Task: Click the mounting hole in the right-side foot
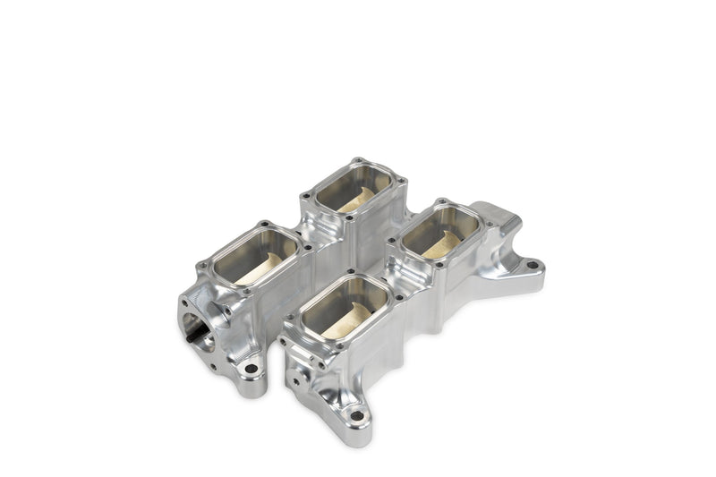pos(532,265)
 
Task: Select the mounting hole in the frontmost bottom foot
pos(356,415)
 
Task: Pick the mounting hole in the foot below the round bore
pos(251,368)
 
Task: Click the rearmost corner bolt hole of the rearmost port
pos(357,160)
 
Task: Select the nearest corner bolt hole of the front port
pos(320,366)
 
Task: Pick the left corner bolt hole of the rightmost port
pos(390,241)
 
